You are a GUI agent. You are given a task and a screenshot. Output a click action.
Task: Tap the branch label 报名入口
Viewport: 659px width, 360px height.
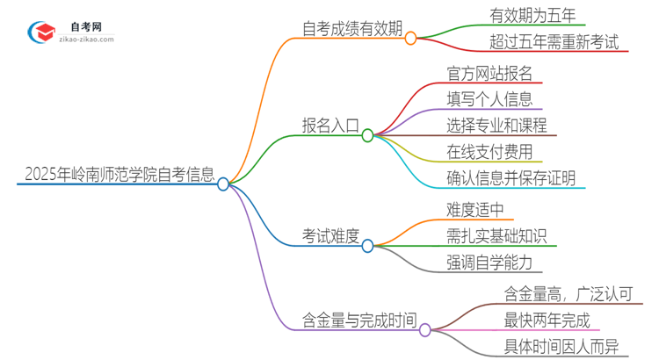tap(329, 126)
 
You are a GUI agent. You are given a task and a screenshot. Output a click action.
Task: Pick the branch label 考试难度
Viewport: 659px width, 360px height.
tap(329, 235)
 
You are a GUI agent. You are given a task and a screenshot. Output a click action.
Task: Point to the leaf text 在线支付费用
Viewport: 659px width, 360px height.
tap(489, 151)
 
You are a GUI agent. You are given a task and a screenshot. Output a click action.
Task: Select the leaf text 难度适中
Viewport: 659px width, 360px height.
tap(475, 209)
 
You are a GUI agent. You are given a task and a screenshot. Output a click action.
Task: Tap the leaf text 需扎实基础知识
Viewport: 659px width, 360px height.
tap(496, 235)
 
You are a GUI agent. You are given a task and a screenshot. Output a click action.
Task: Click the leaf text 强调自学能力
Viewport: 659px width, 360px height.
tap(489, 262)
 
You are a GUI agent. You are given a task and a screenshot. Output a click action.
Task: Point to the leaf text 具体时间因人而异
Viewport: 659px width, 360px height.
tap(561, 347)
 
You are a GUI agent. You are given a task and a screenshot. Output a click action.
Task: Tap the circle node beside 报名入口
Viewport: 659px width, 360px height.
tap(367, 135)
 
